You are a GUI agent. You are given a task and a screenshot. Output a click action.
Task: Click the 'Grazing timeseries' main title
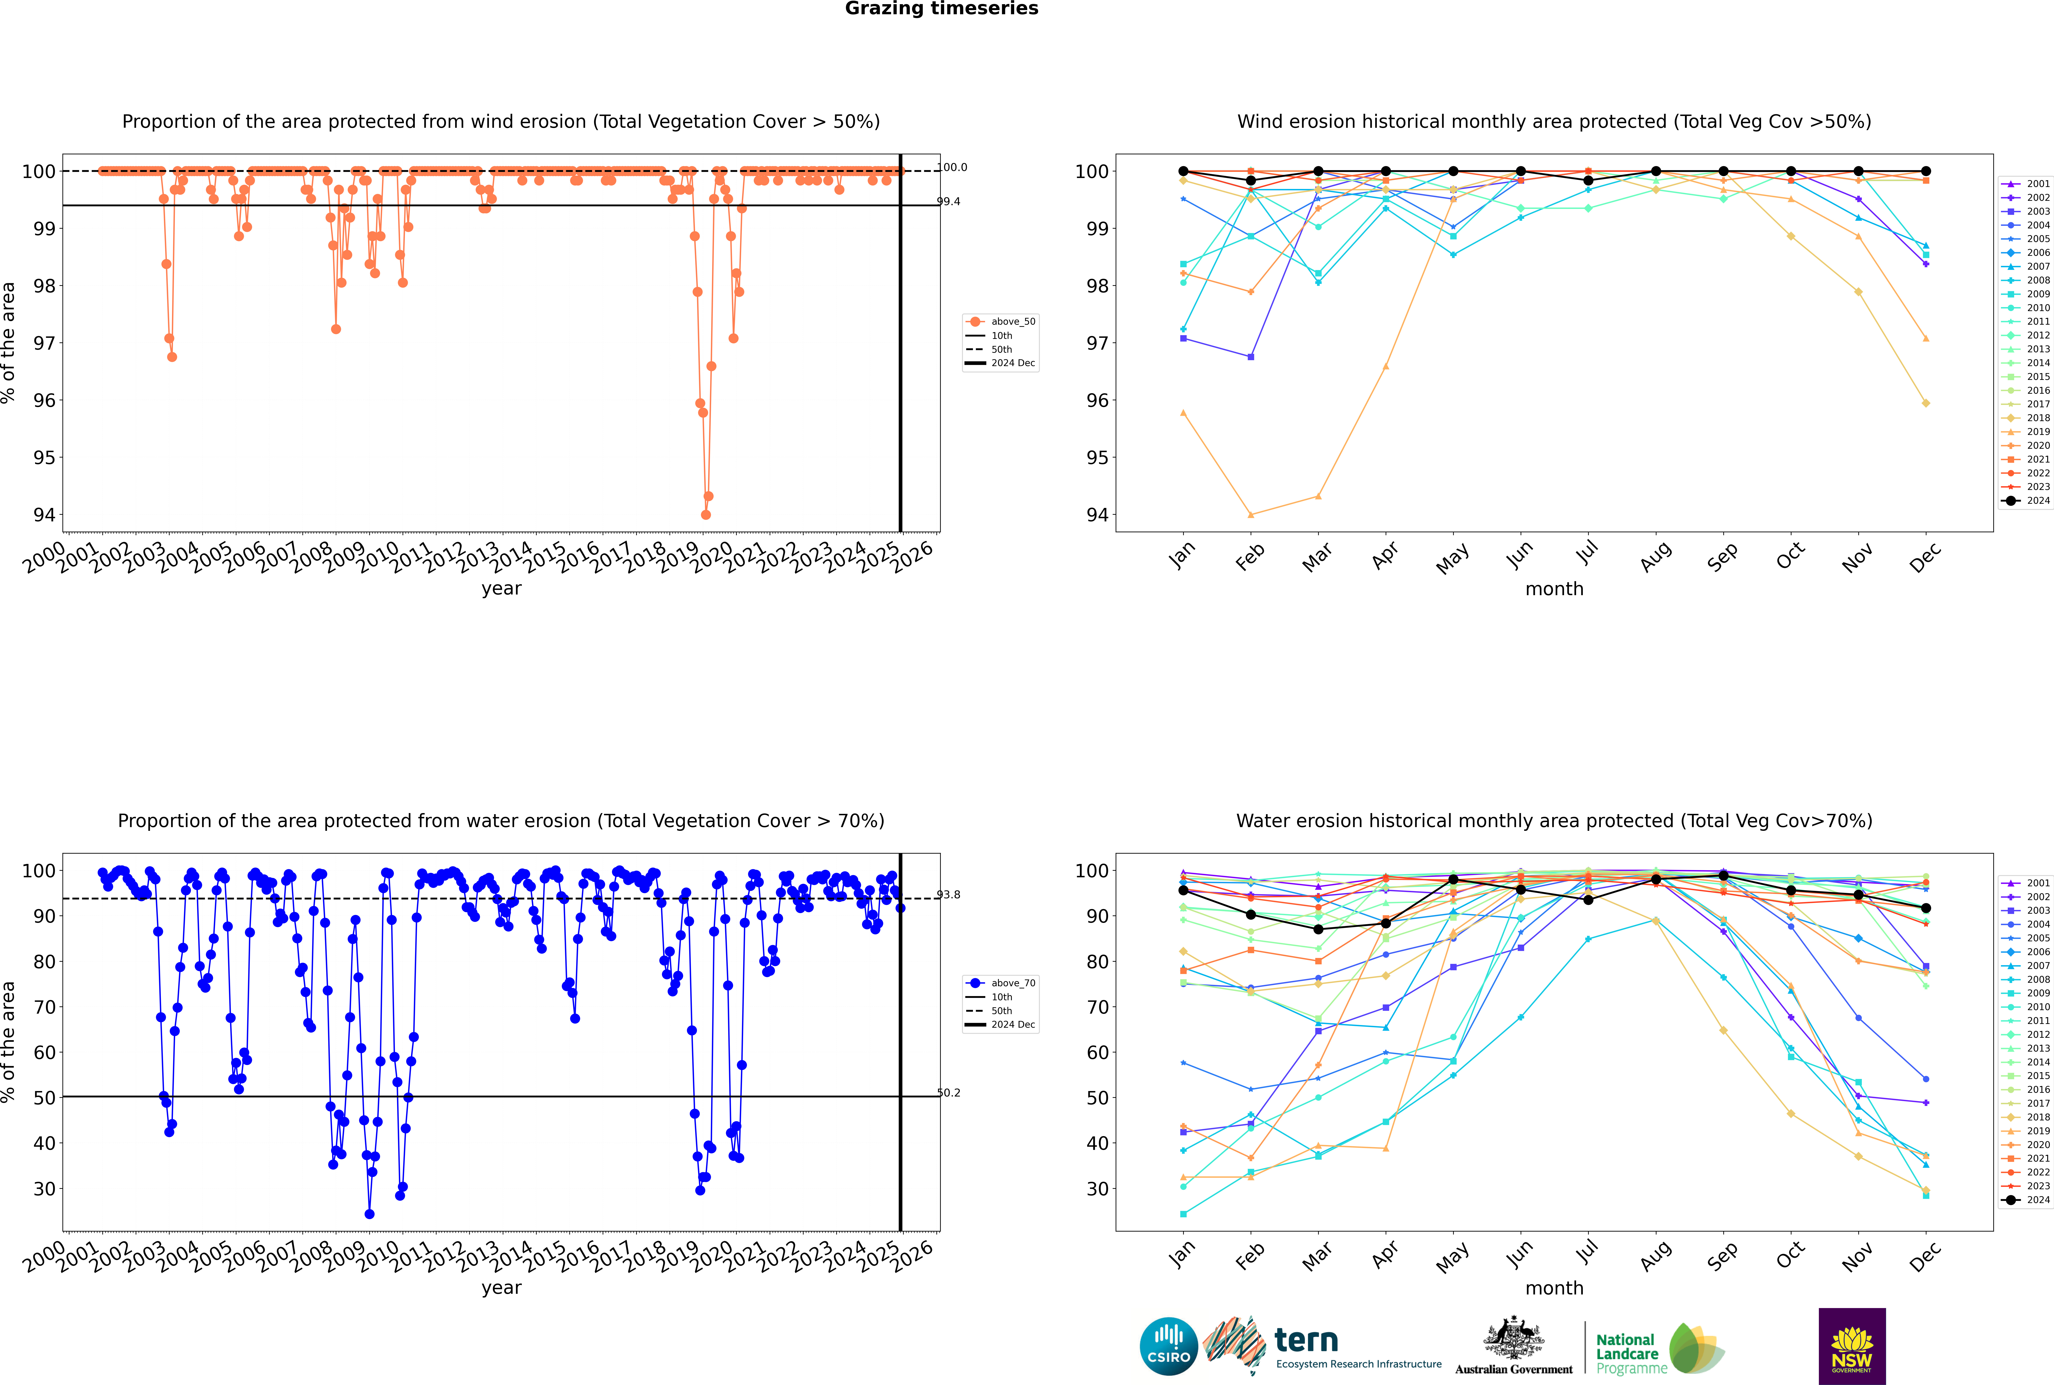pyautogui.click(x=941, y=9)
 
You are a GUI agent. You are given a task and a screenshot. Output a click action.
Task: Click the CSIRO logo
pyautogui.click(x=1168, y=1346)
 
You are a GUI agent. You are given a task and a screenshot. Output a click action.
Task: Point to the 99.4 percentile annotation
pyautogui.click(x=948, y=201)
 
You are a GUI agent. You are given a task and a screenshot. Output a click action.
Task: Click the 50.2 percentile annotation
pyautogui.click(x=948, y=1093)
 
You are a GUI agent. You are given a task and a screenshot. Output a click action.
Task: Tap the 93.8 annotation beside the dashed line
pyautogui.click(x=948, y=895)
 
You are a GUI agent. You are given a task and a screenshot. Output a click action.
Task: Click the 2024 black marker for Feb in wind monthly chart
pyautogui.click(x=1250, y=180)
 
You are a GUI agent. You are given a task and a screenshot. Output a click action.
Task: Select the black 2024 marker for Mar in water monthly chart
pyautogui.click(x=1318, y=929)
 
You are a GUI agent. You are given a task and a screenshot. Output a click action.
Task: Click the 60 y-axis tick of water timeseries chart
pyautogui.click(x=44, y=1052)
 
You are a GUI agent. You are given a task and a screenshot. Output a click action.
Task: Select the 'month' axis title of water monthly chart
pyautogui.click(x=1554, y=1288)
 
